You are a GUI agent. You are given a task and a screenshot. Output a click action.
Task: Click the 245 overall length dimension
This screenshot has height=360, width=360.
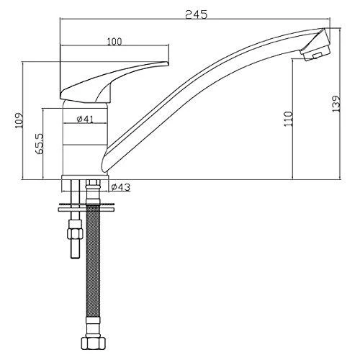coord(196,14)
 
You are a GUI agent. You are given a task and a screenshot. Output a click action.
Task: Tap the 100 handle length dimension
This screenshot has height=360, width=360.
coord(114,42)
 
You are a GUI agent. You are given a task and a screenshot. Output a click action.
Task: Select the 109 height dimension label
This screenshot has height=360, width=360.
coord(19,120)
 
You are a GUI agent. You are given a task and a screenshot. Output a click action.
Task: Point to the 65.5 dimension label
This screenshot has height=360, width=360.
coord(40,143)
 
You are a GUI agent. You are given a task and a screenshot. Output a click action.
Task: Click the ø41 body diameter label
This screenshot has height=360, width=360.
coord(85,119)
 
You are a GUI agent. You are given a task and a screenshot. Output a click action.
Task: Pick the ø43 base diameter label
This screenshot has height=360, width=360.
coord(121,187)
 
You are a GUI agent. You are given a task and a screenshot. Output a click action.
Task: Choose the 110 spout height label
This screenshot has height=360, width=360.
coord(288,119)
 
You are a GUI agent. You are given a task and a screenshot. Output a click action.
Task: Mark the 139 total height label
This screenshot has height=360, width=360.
coord(336,104)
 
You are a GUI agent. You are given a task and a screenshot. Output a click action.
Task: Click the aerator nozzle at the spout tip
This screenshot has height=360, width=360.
coord(315,45)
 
